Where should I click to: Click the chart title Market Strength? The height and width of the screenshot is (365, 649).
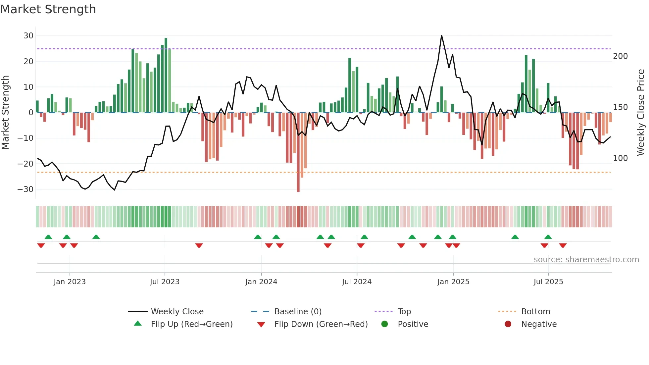tap(48, 9)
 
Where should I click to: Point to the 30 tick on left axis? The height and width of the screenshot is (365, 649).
tap(28, 36)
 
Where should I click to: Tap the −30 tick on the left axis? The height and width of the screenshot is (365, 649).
tap(25, 189)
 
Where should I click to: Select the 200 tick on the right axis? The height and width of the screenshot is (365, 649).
tap(620, 56)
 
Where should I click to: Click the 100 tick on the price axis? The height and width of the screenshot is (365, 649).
tap(620, 158)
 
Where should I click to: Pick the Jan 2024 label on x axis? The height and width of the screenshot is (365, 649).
tap(261, 282)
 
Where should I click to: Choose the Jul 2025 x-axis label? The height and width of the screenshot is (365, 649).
tap(548, 282)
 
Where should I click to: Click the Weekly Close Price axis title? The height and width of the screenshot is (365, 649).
tap(641, 113)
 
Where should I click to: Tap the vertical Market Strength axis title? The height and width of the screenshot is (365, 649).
tap(5, 113)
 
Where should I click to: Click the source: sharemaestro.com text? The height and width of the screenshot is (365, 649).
tap(586, 260)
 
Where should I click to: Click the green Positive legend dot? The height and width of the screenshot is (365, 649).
tap(384, 324)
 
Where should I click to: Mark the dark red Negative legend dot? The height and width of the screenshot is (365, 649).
tap(508, 324)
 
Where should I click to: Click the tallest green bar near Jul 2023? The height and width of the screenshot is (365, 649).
tap(166, 75)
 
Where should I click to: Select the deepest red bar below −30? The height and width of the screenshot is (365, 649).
tap(298, 152)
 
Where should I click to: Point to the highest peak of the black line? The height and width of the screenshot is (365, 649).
tap(441, 36)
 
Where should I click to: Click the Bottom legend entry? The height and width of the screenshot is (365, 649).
tap(535, 312)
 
